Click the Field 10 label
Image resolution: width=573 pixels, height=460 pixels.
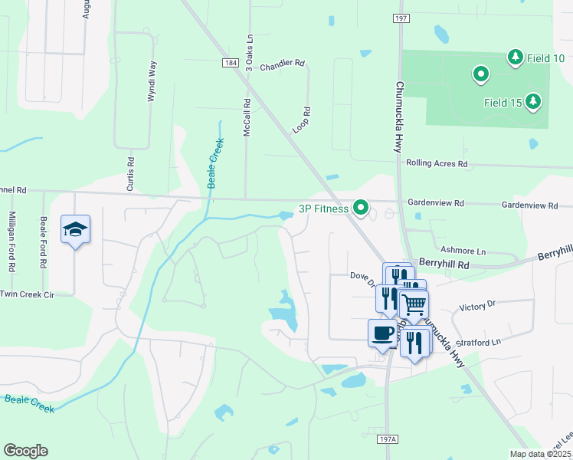pyautogui.click(x=548, y=58)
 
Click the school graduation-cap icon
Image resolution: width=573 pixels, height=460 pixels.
pyautogui.click(x=76, y=229)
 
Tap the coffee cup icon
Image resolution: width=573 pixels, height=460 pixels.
pyautogui.click(x=383, y=333)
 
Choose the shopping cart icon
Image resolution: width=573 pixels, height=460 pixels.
pyautogui.click(x=414, y=305)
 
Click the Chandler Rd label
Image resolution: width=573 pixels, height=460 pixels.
pyautogui.click(x=282, y=67)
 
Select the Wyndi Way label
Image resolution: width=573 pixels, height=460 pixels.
pyautogui.click(x=152, y=81)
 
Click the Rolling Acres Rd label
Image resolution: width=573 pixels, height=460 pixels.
pyautogui.click(x=436, y=164)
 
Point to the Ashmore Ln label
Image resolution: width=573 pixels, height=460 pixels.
pyautogui.click(x=463, y=251)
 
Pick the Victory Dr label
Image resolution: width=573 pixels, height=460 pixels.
pyautogui.click(x=478, y=306)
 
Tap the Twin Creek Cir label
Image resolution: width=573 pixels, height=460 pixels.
pyautogui.click(x=28, y=294)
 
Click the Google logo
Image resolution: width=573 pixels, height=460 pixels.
pyautogui.click(x=25, y=451)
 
